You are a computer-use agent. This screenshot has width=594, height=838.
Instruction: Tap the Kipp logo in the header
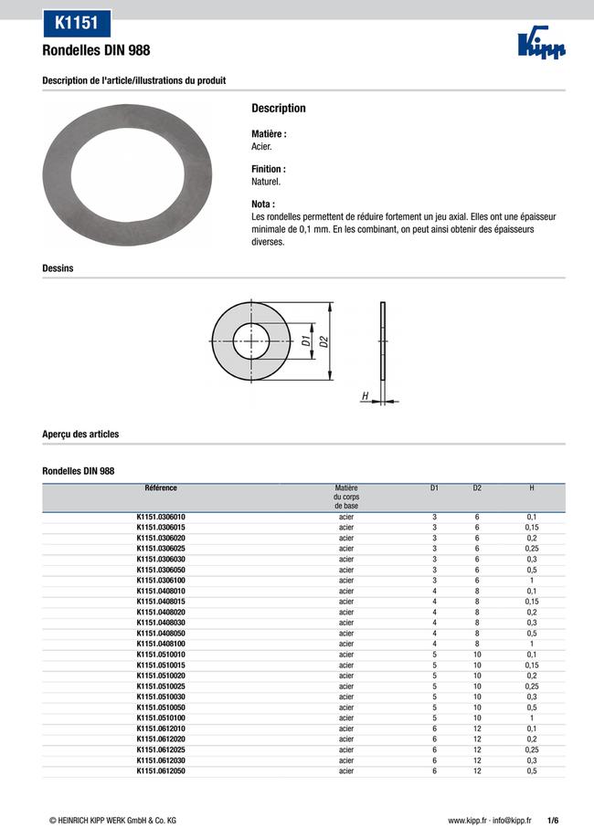(x=541, y=47)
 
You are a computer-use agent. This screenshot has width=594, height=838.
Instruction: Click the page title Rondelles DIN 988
(x=96, y=50)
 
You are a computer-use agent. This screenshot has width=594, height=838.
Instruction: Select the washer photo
(x=128, y=174)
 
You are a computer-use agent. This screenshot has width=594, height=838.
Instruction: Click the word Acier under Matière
(x=261, y=146)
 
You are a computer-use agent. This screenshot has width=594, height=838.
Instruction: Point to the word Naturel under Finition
(x=266, y=182)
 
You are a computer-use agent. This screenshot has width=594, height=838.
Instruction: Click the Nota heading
(x=263, y=204)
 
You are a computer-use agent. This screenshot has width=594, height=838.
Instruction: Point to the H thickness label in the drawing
(x=365, y=396)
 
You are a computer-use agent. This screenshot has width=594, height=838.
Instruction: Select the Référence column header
(x=161, y=488)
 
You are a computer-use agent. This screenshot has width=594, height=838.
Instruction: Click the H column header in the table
(x=532, y=488)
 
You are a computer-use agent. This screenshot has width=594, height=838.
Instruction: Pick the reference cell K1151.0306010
(x=161, y=517)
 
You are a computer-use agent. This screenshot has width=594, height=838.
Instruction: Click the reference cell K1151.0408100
(x=161, y=644)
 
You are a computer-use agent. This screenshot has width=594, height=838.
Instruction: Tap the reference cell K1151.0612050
(x=161, y=771)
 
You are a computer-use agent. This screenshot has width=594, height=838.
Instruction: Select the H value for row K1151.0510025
(x=532, y=686)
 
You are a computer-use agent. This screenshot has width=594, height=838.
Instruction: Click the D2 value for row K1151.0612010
(x=477, y=728)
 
